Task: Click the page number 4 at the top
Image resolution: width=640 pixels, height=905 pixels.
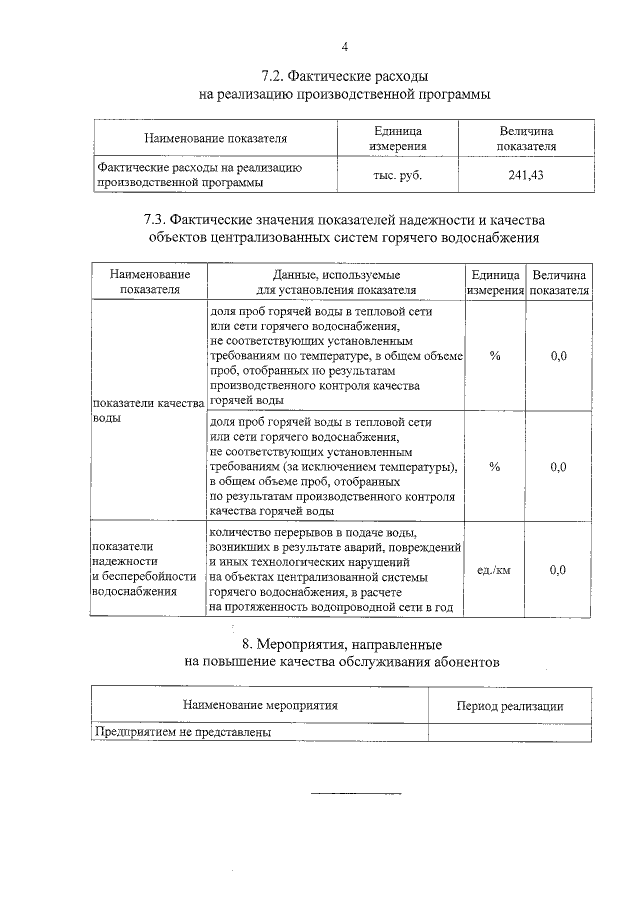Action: click(x=345, y=46)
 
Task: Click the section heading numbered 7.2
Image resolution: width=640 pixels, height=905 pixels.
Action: click(x=345, y=76)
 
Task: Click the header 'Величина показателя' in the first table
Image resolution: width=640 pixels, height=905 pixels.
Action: click(x=525, y=138)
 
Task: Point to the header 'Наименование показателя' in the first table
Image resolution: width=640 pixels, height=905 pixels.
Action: click(x=215, y=138)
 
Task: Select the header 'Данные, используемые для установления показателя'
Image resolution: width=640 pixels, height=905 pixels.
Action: click(x=336, y=282)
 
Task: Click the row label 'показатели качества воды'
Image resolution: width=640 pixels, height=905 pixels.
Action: click(x=147, y=409)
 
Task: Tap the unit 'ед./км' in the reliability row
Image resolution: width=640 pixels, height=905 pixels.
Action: click(x=494, y=570)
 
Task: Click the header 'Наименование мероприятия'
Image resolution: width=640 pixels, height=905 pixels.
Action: click(x=259, y=705)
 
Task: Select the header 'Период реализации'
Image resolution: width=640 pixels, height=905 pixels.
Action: click(x=509, y=705)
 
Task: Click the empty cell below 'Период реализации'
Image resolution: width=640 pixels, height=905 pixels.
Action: click(x=509, y=731)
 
